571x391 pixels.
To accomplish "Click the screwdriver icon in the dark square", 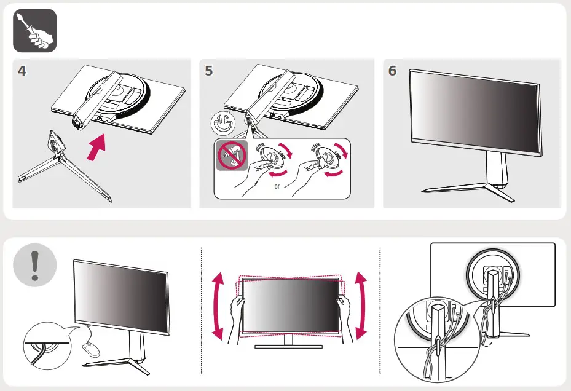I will point(35,31).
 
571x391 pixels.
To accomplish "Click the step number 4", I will point(22,71).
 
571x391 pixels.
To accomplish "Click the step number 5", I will point(209,71).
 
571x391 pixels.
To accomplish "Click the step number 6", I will point(393,71).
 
